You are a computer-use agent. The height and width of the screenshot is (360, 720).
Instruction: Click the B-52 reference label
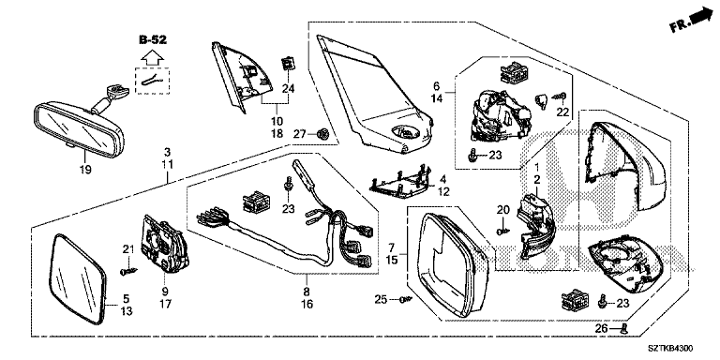153,40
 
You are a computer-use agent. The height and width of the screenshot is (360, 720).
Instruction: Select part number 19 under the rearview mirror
85,170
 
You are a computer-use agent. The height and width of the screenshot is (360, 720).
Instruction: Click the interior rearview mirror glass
78,127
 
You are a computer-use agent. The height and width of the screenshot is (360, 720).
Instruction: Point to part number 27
300,134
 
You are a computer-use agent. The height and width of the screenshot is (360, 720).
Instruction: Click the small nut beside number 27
322,134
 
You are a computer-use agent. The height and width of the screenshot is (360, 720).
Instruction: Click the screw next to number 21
128,271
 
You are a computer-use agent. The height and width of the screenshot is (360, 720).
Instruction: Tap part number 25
381,300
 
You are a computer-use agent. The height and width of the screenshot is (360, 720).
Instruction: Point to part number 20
503,210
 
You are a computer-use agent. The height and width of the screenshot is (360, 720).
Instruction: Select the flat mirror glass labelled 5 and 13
77,278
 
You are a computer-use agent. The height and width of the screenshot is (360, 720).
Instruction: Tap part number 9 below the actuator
165,291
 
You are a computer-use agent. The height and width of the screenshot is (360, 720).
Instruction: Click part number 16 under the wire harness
307,304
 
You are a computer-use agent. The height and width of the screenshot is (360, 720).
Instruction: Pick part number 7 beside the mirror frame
392,247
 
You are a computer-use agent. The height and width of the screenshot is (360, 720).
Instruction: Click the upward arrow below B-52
153,57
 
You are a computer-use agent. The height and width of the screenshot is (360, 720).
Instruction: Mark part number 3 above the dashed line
168,151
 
